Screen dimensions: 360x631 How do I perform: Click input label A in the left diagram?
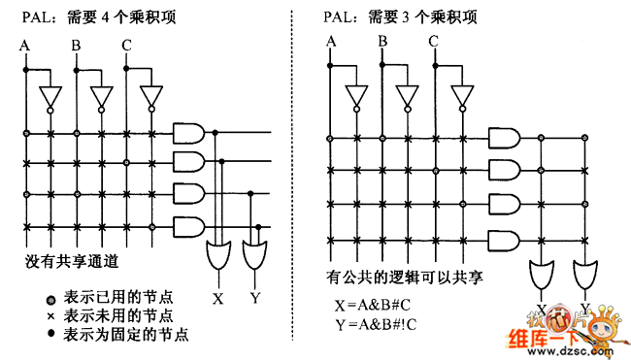[26, 45]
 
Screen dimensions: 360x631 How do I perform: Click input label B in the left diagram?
[76, 45]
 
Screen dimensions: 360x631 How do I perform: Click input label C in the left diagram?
[126, 45]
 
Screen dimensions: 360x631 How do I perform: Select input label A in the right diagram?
[332, 41]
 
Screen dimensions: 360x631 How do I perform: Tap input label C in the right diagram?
[433, 41]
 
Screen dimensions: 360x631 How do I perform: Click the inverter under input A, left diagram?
[49, 97]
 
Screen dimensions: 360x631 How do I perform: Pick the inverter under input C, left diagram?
[150, 98]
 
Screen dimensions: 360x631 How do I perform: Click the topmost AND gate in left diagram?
[187, 132]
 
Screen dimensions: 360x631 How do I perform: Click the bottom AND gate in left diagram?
[187, 226]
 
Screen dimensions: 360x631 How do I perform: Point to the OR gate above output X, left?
[218, 255]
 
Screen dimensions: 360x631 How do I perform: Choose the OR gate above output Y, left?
[254, 255]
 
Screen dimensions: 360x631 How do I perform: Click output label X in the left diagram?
[218, 298]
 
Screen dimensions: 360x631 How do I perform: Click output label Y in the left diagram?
[254, 298]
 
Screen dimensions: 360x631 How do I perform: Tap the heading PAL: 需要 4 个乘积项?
[92, 16]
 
